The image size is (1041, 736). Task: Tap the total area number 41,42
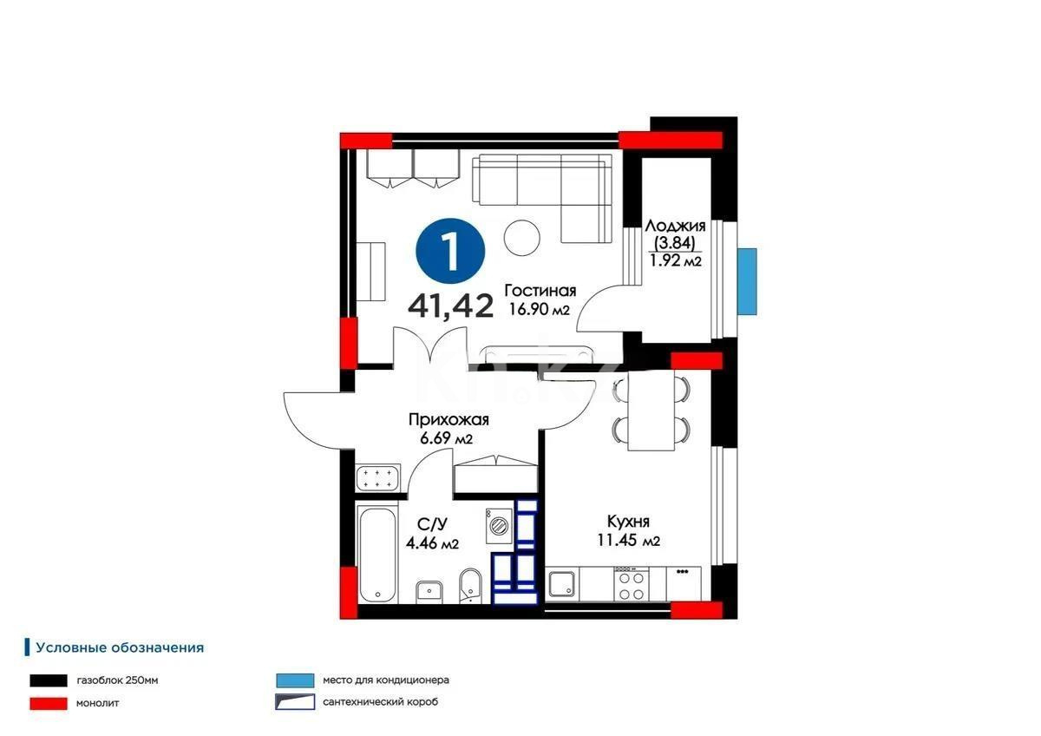coord(451,306)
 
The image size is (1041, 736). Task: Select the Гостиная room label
coord(540,292)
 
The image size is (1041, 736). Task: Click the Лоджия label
coord(675,226)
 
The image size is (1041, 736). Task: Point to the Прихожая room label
coord(448,420)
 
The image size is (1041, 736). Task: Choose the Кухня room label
coord(628,522)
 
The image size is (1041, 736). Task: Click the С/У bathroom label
coord(431,523)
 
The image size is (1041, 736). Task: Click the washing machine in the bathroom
coord(499,526)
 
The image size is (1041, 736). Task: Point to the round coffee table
coord(524,236)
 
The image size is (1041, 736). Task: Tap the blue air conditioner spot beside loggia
coord(747,280)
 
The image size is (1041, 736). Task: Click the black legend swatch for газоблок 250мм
coord(49,680)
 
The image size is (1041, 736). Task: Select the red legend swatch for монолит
coord(49,703)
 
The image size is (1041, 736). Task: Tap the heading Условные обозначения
coord(120,647)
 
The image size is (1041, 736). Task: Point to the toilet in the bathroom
coord(469,585)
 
